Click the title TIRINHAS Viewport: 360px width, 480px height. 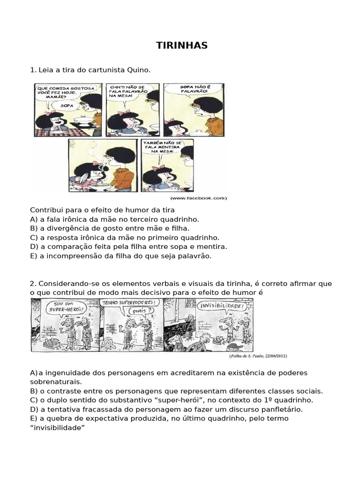click(x=181, y=45)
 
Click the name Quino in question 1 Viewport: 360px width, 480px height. click(x=139, y=70)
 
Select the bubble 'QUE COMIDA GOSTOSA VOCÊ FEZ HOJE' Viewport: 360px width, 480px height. click(x=65, y=92)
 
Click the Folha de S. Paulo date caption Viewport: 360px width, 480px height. click(x=258, y=356)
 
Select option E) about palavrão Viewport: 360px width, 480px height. click(x=121, y=256)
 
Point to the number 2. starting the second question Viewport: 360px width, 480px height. click(x=33, y=284)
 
